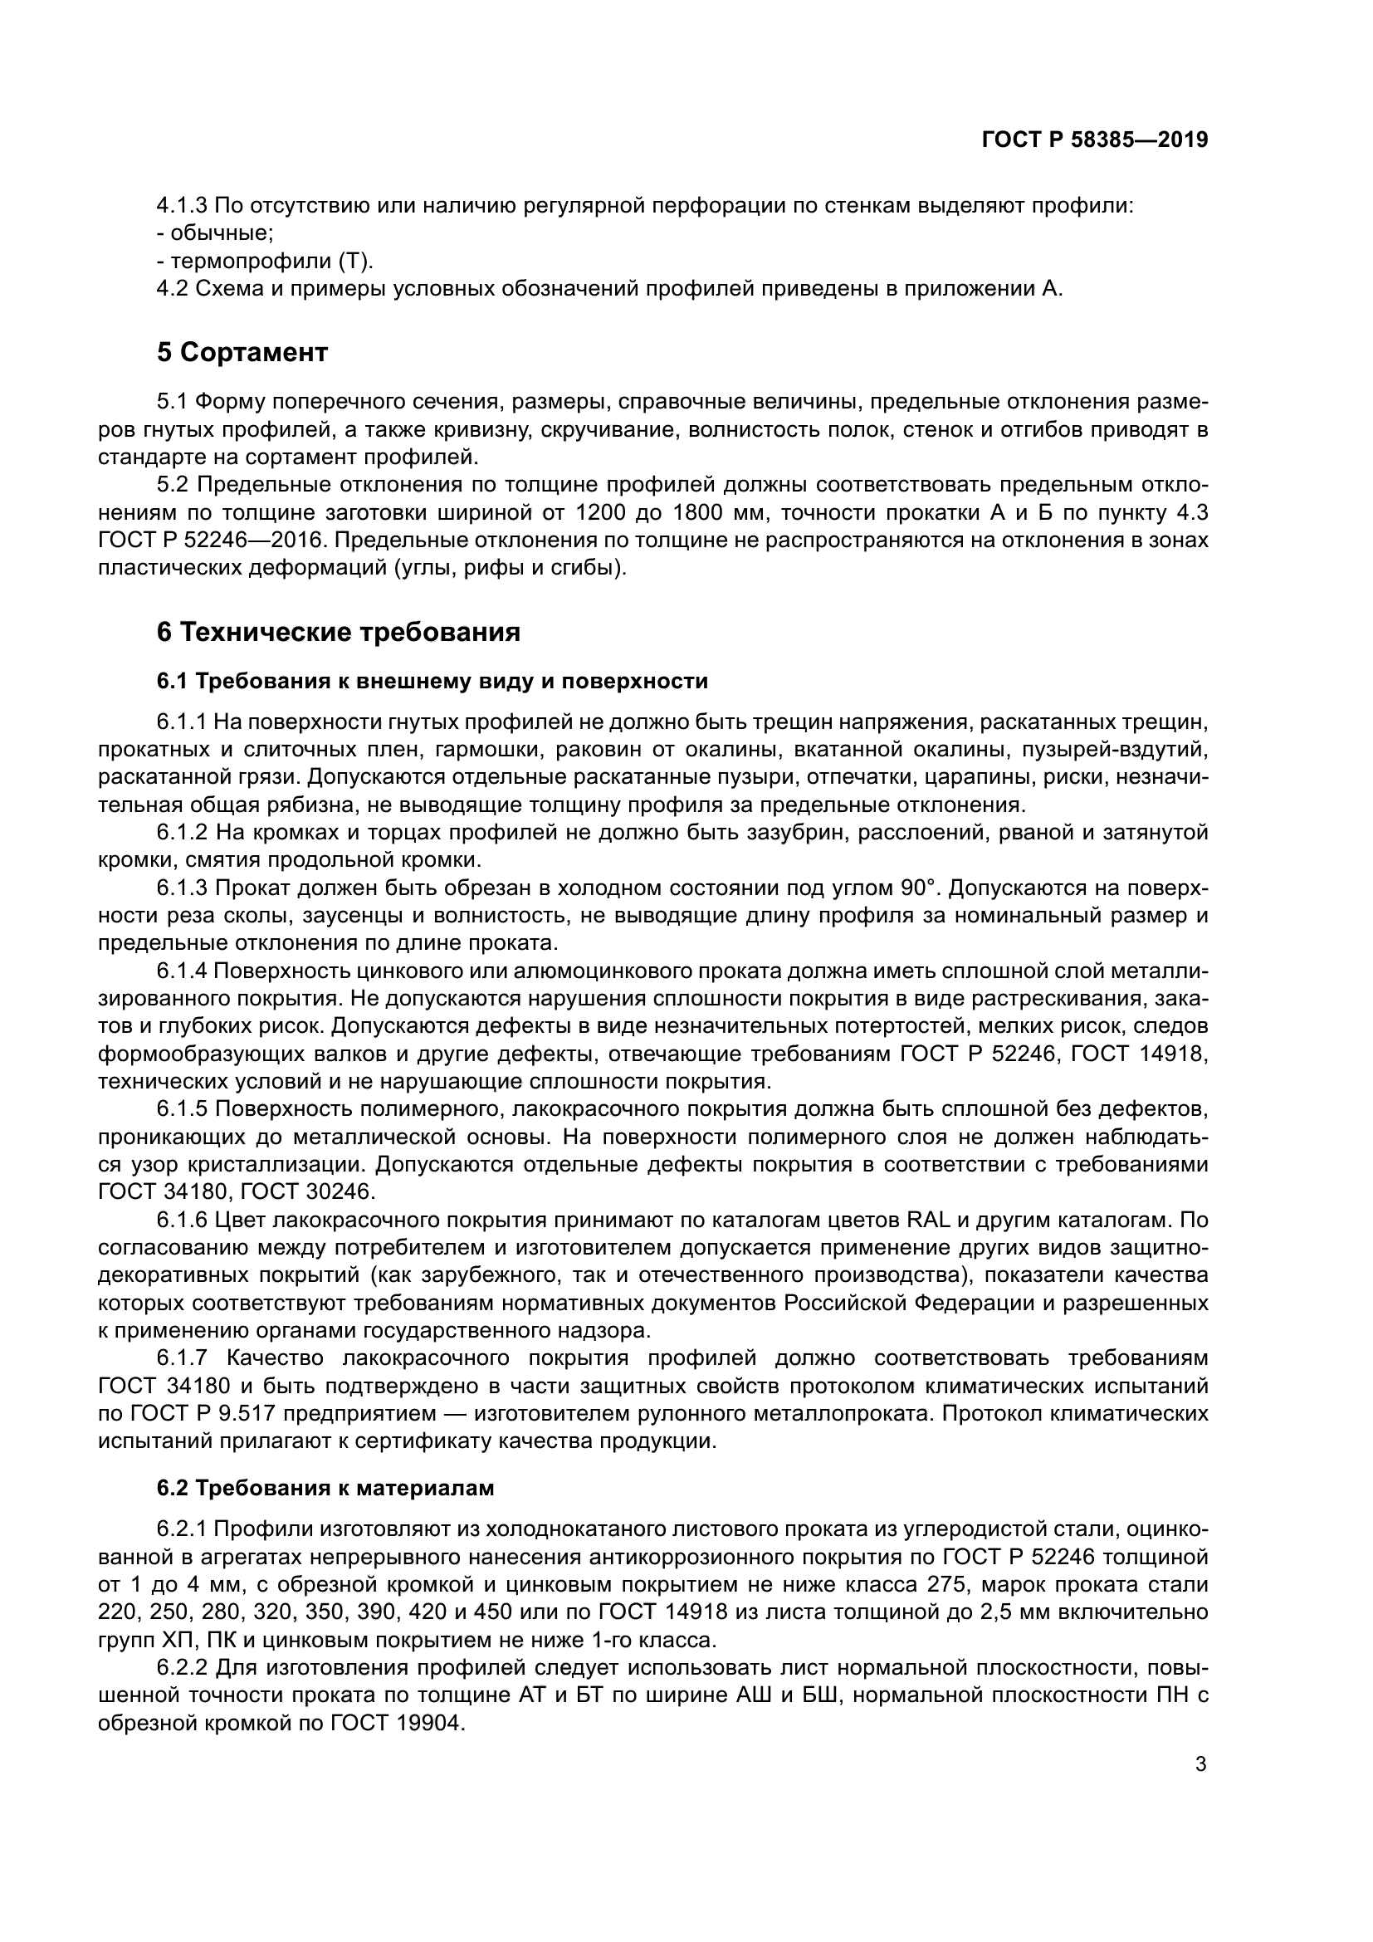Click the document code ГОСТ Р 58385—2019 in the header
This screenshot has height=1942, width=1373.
pyautogui.click(x=1094, y=140)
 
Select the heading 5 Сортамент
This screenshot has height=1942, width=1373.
pyautogui.click(x=242, y=353)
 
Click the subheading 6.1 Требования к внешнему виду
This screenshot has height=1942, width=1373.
pyautogui.click(x=432, y=681)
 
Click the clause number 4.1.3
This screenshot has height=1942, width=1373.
pyautogui.click(x=182, y=206)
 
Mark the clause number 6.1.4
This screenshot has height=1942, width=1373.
pyautogui.click(x=182, y=971)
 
